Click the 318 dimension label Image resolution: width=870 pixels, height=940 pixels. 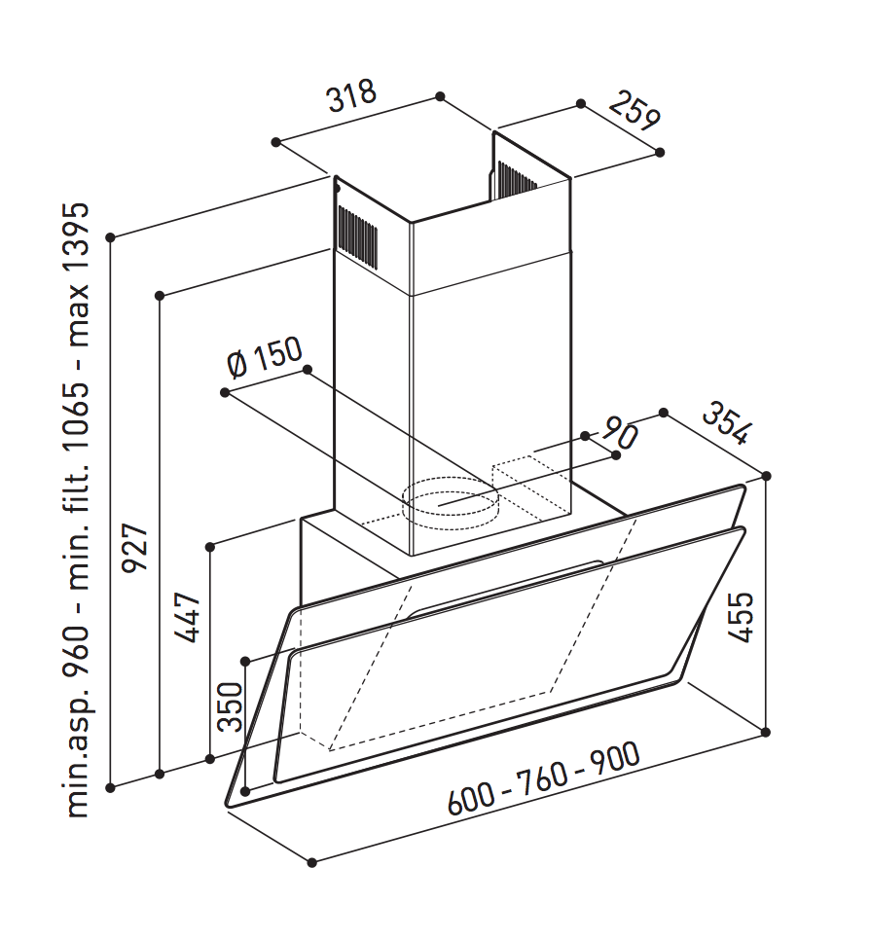coord(352,94)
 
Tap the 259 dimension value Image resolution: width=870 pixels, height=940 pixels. coord(634,112)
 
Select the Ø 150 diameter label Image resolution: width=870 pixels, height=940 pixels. coord(265,357)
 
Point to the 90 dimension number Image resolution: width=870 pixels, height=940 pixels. coord(619,432)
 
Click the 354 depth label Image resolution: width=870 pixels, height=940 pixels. coord(726,423)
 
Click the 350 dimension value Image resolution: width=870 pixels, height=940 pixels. coord(231,707)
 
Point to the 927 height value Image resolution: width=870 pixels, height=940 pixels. coord(134,549)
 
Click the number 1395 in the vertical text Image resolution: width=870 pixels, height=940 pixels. coord(77,237)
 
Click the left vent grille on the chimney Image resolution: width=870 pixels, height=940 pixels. coord(357,236)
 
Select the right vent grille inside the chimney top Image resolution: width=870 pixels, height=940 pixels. coord(516,179)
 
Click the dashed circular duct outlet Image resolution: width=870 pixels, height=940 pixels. coord(450,504)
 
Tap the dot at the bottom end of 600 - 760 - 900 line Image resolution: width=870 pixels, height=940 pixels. coord(311,863)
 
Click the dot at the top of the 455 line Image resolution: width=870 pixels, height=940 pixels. coord(766,476)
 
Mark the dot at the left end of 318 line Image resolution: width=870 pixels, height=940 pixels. coord(275,142)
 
